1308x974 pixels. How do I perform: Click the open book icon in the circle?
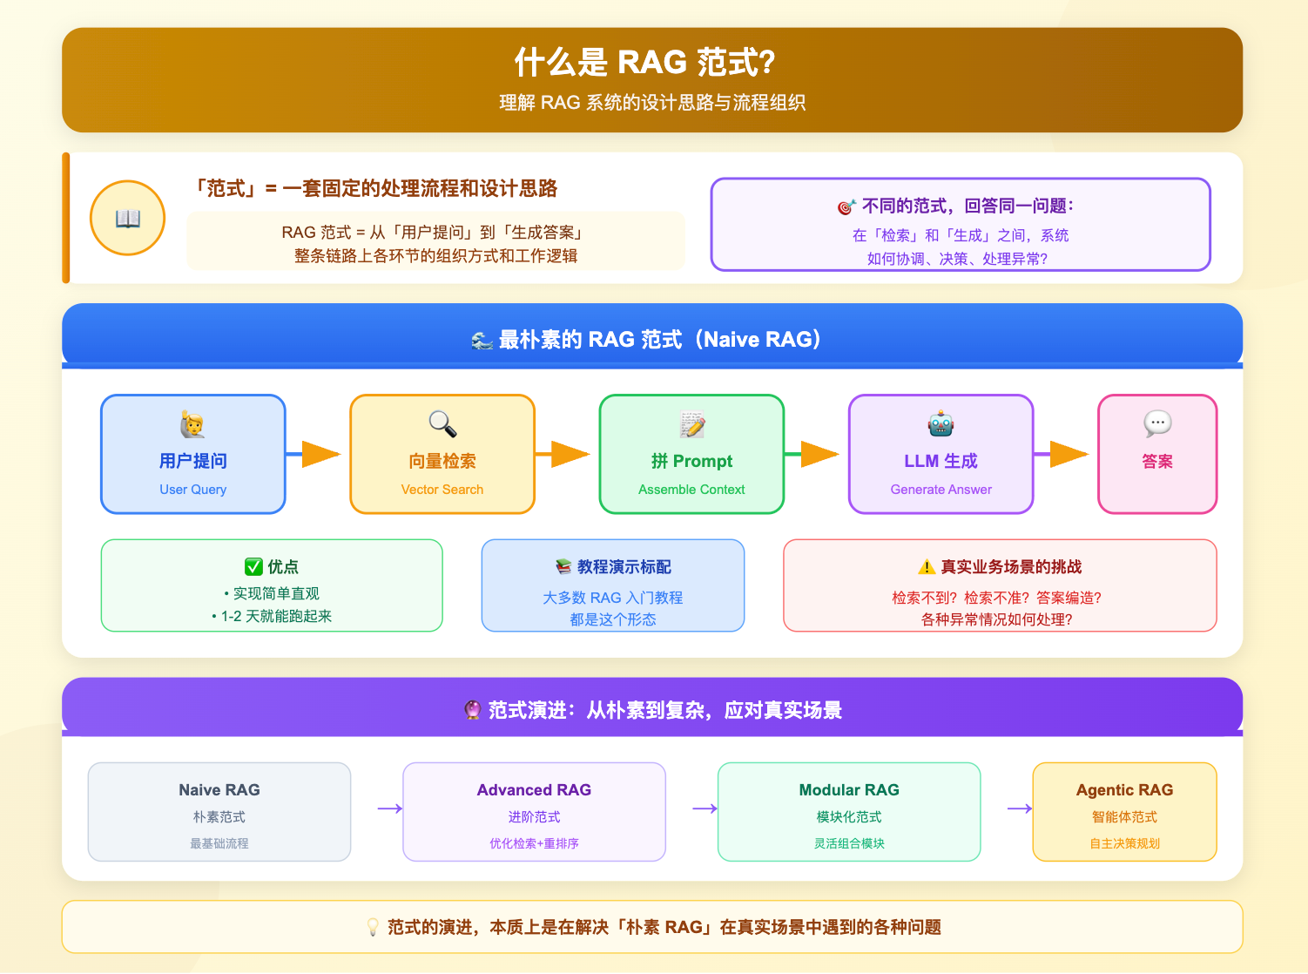click(x=128, y=219)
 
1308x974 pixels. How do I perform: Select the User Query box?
click(x=193, y=454)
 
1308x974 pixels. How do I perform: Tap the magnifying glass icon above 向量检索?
click(x=442, y=424)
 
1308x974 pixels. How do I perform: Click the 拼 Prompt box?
click(x=691, y=454)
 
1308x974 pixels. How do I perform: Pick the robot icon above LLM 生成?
click(x=941, y=424)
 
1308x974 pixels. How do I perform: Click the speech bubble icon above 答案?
click(x=1157, y=423)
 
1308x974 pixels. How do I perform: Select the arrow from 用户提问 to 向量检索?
click(x=315, y=454)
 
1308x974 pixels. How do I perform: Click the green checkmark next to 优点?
click(x=253, y=567)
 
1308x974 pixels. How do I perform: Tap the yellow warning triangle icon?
click(x=927, y=567)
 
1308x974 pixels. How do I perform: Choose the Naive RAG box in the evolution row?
click(x=219, y=812)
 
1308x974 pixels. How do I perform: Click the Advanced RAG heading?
click(x=534, y=790)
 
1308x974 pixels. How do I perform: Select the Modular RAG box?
click(x=849, y=812)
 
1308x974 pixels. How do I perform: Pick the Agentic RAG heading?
click(x=1124, y=790)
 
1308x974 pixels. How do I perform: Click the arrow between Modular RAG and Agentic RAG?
click(x=1019, y=808)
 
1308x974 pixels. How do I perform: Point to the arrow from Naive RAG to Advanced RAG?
click(x=389, y=808)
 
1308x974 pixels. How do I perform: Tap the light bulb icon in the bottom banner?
click(x=373, y=927)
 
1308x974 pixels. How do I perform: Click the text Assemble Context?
click(x=691, y=490)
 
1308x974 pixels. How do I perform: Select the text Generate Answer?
click(x=941, y=490)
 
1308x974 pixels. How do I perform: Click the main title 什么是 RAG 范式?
click(x=644, y=63)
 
